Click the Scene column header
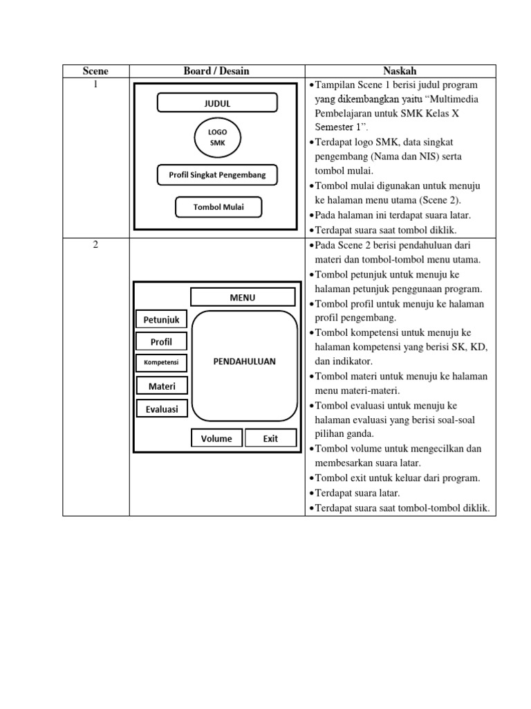point(95,71)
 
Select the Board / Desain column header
point(216,71)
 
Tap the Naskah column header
point(400,71)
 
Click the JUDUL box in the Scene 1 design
point(217,104)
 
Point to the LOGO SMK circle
point(217,137)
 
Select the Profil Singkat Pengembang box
point(217,175)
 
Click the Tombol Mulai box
point(218,207)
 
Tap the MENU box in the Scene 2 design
point(243,298)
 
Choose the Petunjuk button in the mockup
point(161,319)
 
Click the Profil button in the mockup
point(161,341)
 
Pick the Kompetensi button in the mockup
point(161,363)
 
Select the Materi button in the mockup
point(161,386)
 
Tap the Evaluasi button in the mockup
point(161,409)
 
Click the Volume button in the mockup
point(216,438)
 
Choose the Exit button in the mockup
point(270,438)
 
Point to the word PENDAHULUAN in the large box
point(245,361)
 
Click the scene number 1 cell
point(95,84)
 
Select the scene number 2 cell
point(95,245)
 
